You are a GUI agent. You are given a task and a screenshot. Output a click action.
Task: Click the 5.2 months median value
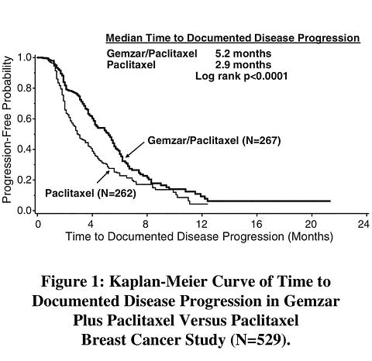coord(243,53)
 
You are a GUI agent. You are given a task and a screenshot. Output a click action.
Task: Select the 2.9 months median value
coord(243,64)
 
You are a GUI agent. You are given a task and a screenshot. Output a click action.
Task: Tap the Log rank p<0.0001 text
coord(242,76)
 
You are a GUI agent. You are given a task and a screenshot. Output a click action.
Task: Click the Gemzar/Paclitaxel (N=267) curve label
coord(214,141)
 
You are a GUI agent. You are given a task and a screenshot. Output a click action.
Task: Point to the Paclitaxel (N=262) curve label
coord(91,193)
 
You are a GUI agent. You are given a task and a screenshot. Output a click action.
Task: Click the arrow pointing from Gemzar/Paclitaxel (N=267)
coord(135,150)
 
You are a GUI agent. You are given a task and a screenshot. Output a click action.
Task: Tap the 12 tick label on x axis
coord(201,225)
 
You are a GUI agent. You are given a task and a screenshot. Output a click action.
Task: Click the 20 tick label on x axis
coord(311,225)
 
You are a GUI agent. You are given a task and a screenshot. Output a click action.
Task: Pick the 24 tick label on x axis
coord(363,225)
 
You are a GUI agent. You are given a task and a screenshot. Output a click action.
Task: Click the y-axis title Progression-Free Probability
coord(7,129)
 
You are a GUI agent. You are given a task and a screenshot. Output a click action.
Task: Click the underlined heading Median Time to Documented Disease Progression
coord(232,38)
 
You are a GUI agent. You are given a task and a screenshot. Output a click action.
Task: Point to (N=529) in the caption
coord(260,340)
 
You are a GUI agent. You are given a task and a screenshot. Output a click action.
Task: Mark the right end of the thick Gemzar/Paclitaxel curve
coord(330,201)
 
